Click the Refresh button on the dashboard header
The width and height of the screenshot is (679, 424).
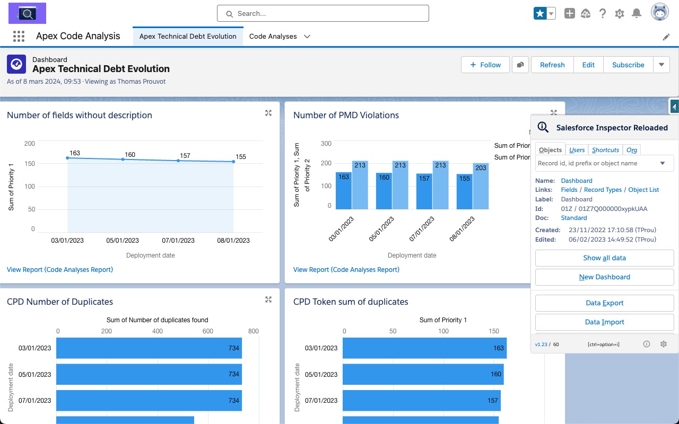pyautogui.click(x=552, y=65)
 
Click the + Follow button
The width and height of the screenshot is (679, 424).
pyautogui.click(x=485, y=65)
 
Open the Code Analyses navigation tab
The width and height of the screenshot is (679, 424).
pyautogui.click(x=273, y=36)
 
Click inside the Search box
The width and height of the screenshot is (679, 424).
pyautogui.click(x=323, y=14)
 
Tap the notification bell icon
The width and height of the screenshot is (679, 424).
pyautogui.click(x=637, y=14)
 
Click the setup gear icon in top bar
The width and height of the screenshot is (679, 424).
pyautogui.click(x=620, y=14)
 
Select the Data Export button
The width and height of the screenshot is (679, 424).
pyautogui.click(x=604, y=303)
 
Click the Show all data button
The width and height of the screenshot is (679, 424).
pyautogui.click(x=604, y=258)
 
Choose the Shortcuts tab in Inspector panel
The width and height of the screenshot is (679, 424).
pyautogui.click(x=605, y=150)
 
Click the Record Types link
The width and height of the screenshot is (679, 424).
pyautogui.click(x=603, y=190)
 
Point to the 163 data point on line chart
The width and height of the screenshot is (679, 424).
pyautogui.click(x=67, y=158)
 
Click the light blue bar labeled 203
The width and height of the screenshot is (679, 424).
pyautogui.click(x=481, y=185)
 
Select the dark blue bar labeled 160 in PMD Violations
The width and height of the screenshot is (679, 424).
pyautogui.click(x=384, y=191)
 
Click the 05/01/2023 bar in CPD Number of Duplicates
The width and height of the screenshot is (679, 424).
pyautogui.click(x=149, y=374)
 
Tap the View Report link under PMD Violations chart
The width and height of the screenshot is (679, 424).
pyautogui.click(x=346, y=270)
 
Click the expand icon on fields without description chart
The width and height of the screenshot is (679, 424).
pyautogui.click(x=268, y=113)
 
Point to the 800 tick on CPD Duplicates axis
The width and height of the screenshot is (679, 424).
pyautogui.click(x=253, y=331)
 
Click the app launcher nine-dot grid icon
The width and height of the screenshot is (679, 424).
pyautogui.click(x=19, y=36)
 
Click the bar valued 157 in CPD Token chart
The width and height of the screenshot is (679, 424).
pyautogui.click(x=422, y=401)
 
